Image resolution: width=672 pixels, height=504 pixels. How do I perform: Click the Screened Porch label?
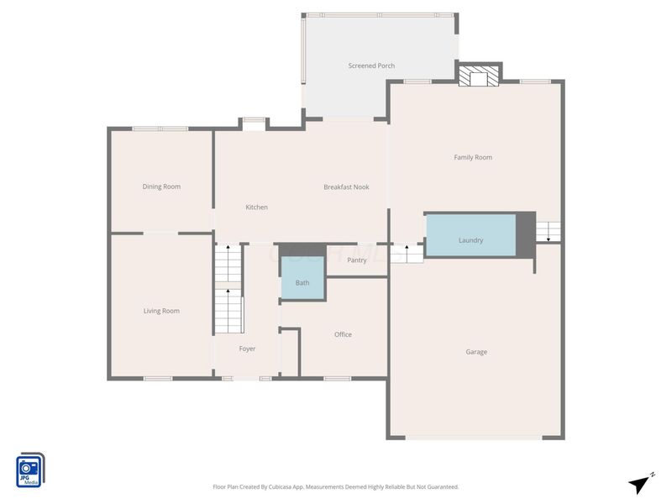pos(371,66)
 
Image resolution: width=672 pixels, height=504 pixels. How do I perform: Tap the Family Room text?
pos(473,157)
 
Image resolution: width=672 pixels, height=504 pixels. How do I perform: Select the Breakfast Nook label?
pos(346,186)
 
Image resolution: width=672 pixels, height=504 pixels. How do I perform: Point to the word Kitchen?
pos(256,207)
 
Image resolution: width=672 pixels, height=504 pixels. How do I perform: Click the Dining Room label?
pos(161,186)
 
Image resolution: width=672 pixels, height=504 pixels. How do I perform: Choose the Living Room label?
pos(161,311)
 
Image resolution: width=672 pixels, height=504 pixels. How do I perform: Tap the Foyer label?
pos(247,349)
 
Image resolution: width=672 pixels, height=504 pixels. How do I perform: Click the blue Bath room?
pos(302,278)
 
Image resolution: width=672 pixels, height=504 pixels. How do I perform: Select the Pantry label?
pos(356,260)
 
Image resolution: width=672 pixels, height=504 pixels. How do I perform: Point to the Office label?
pos(343,334)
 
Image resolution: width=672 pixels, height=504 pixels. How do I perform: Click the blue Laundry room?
pos(470,235)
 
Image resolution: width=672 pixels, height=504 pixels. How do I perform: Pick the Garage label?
pos(476,352)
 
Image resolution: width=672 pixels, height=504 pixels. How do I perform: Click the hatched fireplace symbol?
pos(479,76)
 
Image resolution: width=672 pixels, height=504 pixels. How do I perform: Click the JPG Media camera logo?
pos(30,470)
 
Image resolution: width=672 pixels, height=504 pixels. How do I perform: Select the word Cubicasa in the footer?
pos(281,487)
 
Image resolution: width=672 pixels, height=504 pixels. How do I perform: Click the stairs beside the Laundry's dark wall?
pos(549,232)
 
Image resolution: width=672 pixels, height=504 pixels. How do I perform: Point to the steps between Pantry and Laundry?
pos(407,254)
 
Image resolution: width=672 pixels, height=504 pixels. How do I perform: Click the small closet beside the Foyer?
pos(289,353)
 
